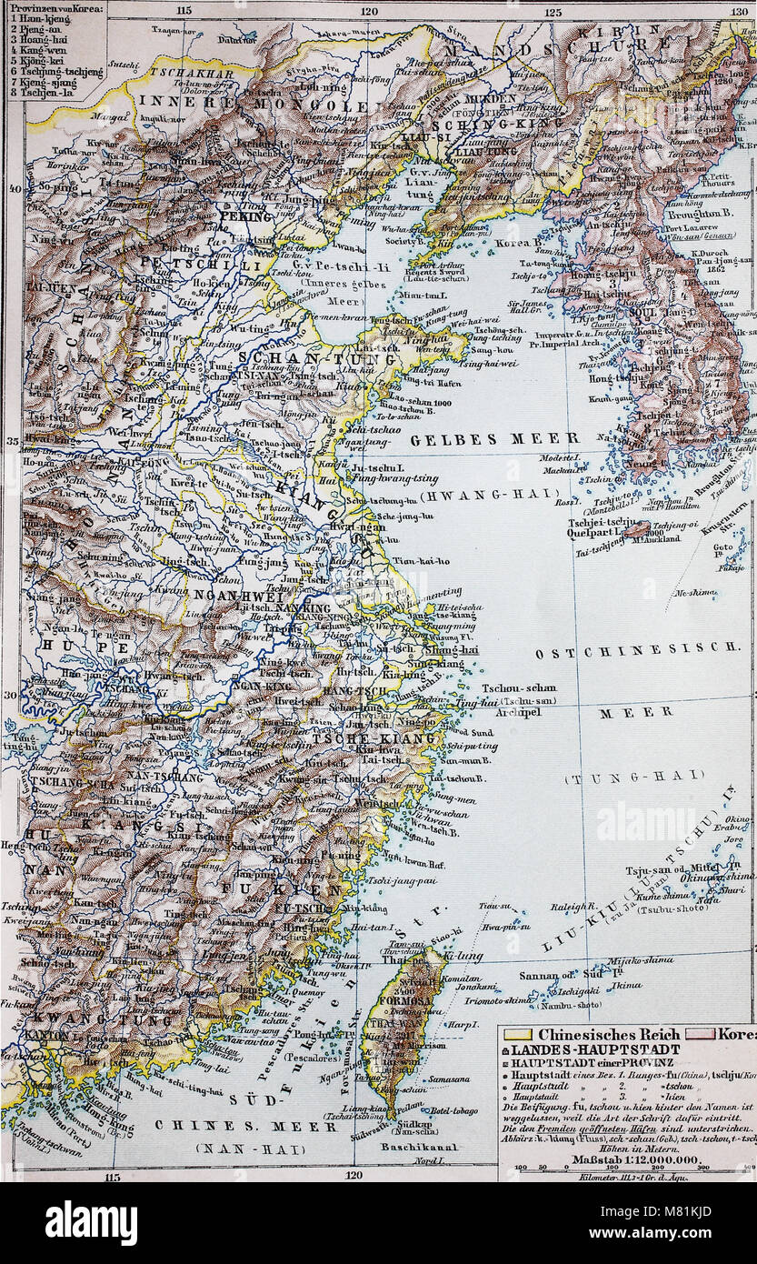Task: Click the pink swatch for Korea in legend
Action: click(711, 1034)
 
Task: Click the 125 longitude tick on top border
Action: click(553, 11)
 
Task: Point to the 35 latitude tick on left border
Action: click(13, 441)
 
